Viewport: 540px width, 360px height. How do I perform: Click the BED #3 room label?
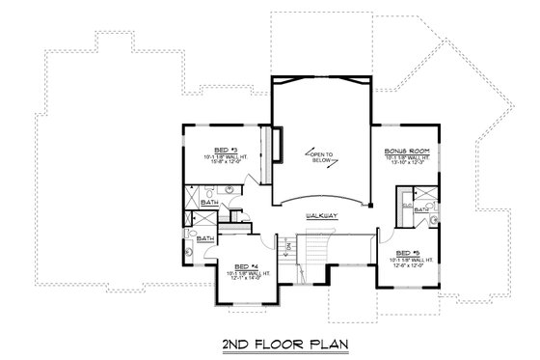(x=213, y=150)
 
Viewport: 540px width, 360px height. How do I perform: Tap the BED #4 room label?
(x=247, y=265)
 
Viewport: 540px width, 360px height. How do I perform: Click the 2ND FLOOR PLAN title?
(x=270, y=343)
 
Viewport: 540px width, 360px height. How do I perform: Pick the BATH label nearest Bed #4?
(x=205, y=236)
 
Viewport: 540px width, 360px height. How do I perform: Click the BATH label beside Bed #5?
(x=420, y=209)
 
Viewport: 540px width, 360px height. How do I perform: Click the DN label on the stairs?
(x=286, y=247)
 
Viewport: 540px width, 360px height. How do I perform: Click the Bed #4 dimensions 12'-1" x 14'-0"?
(x=247, y=278)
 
